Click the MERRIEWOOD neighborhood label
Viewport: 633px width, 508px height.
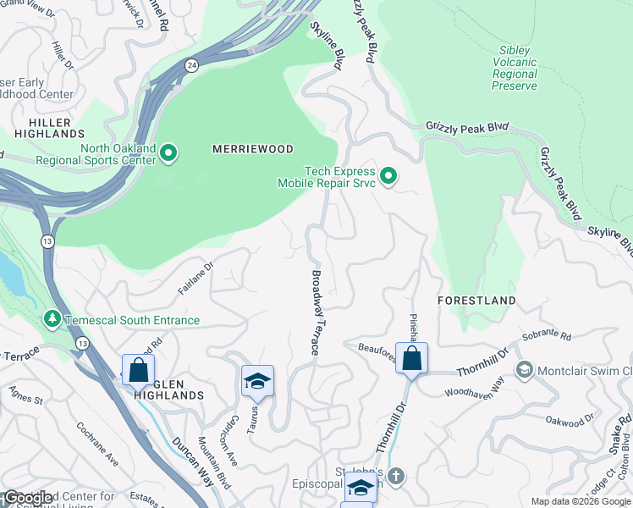coord(252,149)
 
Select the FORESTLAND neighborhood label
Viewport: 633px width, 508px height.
coord(476,301)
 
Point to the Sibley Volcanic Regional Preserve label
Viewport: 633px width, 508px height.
coord(515,68)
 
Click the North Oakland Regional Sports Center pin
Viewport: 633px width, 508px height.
coord(168,153)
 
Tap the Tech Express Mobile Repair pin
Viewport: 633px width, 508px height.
coord(388,176)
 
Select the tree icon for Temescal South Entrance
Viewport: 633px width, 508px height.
coord(52,319)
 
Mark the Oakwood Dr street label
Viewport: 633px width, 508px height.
coord(570,421)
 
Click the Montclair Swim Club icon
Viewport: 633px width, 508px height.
coord(525,370)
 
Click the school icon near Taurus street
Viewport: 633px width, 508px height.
coord(257,380)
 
